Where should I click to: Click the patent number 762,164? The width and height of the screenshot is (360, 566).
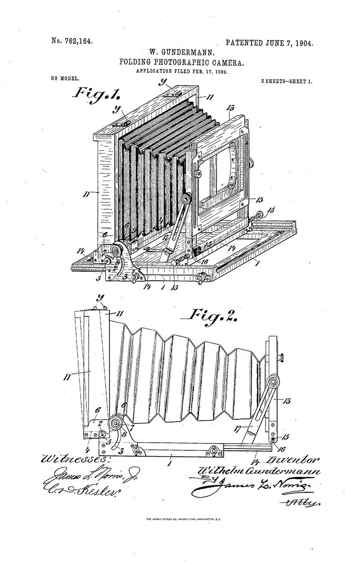pos(72,41)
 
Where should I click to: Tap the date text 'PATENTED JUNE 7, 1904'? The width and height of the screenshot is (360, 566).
pos(269,43)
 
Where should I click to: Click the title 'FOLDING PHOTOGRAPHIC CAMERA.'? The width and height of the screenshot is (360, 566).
pos(182,63)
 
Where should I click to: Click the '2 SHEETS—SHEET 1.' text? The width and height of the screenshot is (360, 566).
pos(287,81)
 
